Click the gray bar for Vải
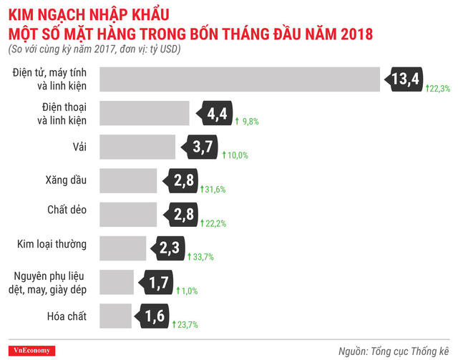coord(137,147)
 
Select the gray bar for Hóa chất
coord(116,315)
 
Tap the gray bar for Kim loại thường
coord(123,248)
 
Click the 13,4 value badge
coord(404,79)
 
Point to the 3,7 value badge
coord(201,147)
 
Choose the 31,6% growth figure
coord(215,190)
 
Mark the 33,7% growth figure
coord(203,257)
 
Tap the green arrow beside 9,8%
coord(237,122)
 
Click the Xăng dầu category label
coord(69,180)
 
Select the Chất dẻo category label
coord(67,214)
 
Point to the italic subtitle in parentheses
coord(94,50)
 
